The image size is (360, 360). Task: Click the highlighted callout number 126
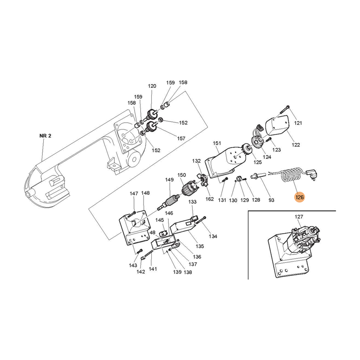pyautogui.click(x=300, y=197)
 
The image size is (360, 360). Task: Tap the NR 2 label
pyautogui.click(x=45, y=136)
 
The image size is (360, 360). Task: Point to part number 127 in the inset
pyautogui.click(x=299, y=216)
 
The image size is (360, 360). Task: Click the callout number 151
pyautogui.click(x=217, y=143)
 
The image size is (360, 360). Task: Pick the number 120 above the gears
pyautogui.click(x=152, y=86)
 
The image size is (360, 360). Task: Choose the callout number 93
pyautogui.click(x=271, y=200)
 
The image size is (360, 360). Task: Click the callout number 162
pyautogui.click(x=209, y=199)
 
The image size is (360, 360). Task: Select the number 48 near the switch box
pyautogui.click(x=153, y=233)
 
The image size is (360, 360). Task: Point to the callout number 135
pyautogui.click(x=200, y=246)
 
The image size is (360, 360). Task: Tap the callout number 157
pyautogui.click(x=181, y=139)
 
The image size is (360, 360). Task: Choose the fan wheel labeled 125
pyautogui.click(x=247, y=150)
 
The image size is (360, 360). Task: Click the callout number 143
pyautogui.click(x=133, y=265)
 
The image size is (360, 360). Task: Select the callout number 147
pyautogui.click(x=134, y=193)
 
